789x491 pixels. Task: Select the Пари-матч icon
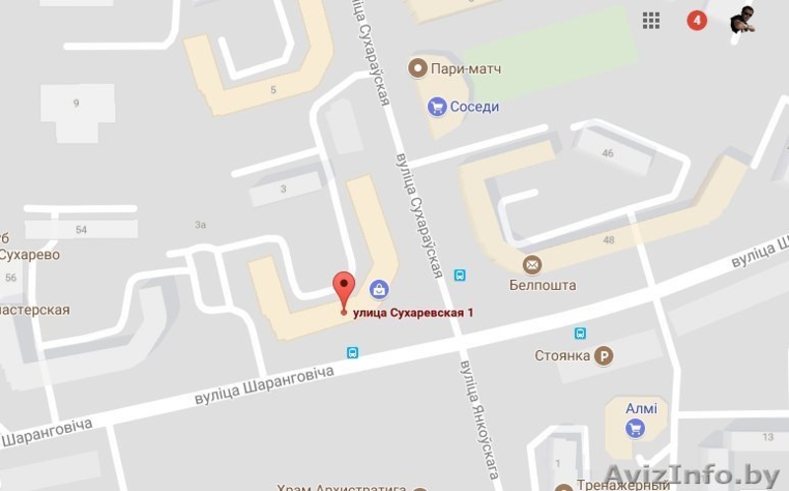[417, 68]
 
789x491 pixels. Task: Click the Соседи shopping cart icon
[435, 105]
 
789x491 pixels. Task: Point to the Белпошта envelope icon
[533, 264]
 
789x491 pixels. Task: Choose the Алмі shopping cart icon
[635, 429]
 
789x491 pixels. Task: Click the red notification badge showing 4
[697, 21]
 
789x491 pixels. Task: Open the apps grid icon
[651, 21]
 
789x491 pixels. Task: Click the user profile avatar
[743, 20]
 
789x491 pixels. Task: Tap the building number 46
[608, 153]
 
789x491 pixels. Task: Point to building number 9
[75, 103]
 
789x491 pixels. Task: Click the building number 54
[81, 230]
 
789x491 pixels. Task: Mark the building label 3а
[200, 225]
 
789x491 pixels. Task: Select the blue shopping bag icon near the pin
[378, 289]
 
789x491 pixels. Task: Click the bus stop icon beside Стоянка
[581, 333]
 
